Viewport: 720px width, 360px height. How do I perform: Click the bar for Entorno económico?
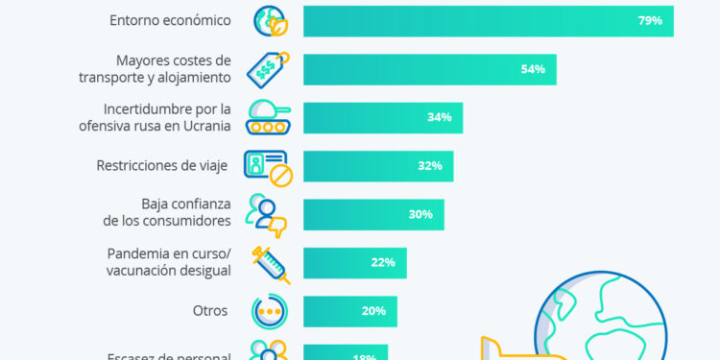pyautogui.click(x=488, y=21)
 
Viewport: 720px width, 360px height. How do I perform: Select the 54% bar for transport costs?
pyautogui.click(x=429, y=69)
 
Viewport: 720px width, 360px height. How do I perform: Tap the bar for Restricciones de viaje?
pyautogui.click(x=377, y=166)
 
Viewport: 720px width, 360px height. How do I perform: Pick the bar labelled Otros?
pyautogui.click(x=349, y=311)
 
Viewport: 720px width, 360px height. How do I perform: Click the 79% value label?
pyautogui.click(x=650, y=21)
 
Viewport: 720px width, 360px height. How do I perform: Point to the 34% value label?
pyautogui.click(x=440, y=118)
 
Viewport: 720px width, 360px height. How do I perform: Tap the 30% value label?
pyautogui.click(x=420, y=214)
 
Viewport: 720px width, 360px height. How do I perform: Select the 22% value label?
pyautogui.click(x=383, y=262)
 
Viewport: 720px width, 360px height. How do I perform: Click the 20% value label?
pyautogui.click(x=373, y=311)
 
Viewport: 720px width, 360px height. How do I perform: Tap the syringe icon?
pyautogui.click(x=269, y=262)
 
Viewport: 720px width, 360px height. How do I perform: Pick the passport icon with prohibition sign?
pyautogui.click(x=269, y=166)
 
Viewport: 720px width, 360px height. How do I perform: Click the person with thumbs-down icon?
pyautogui.click(x=268, y=214)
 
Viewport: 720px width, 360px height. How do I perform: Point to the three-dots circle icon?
pyautogui.click(x=269, y=311)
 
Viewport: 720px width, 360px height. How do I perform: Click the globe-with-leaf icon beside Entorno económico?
pyautogui.click(x=269, y=21)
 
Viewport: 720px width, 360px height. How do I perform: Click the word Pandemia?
pyautogui.click(x=139, y=253)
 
